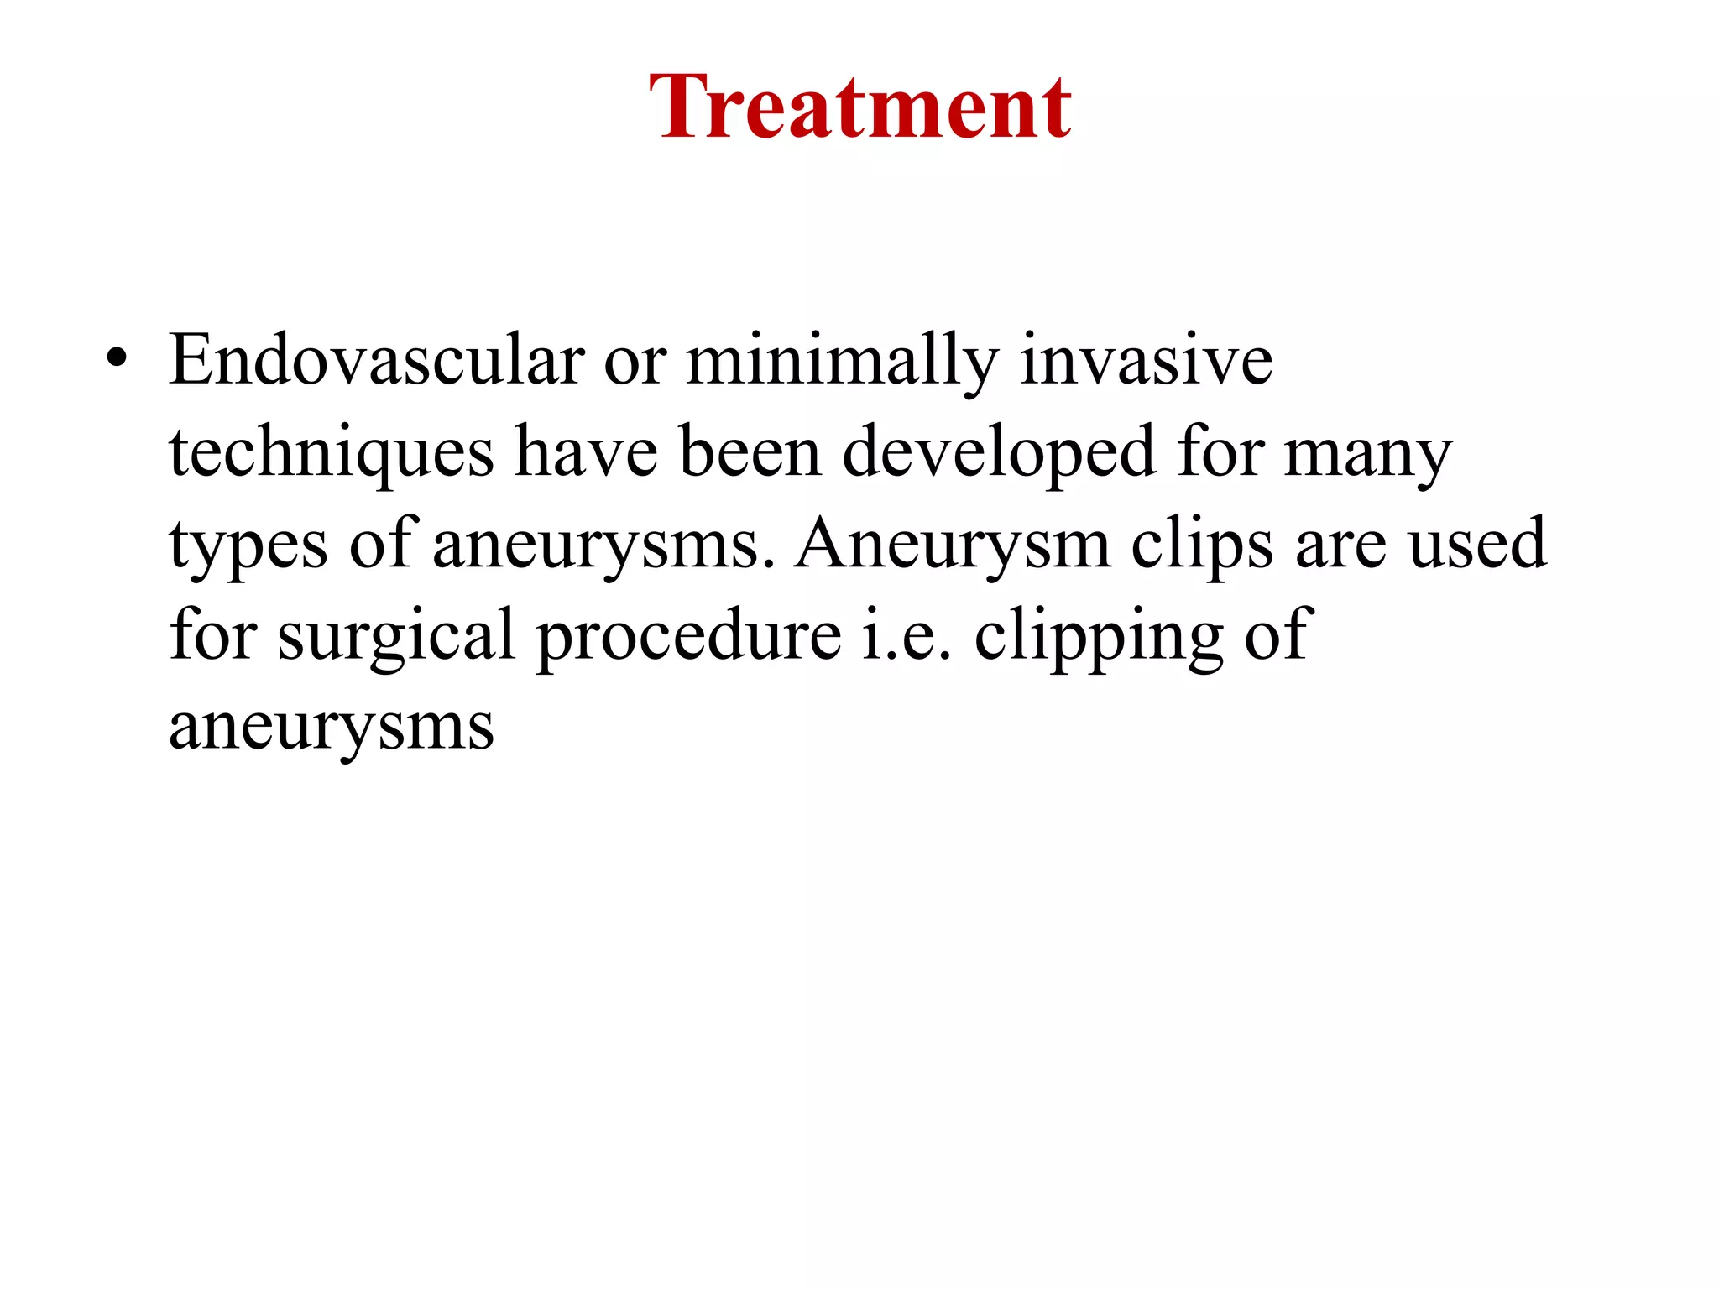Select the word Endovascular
tap(376, 361)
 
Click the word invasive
tap(1146, 361)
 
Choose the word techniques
tap(332, 454)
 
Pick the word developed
tap(999, 454)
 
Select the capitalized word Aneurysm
tap(953, 545)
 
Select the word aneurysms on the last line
tap(332, 727)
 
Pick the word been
tap(750, 452)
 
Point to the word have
tap(586, 452)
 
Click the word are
tap(1340, 545)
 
